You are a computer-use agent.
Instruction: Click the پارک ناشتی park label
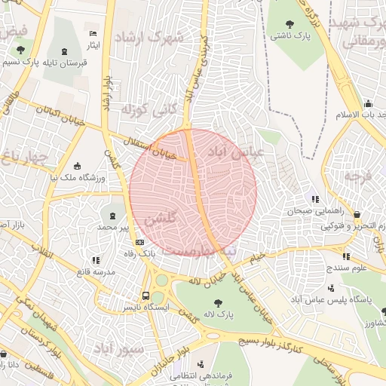click(291, 35)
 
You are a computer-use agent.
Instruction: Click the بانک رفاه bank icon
click(139, 242)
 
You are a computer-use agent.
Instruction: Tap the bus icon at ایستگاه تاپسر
click(146, 296)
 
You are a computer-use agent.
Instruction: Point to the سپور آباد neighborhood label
click(118, 349)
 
